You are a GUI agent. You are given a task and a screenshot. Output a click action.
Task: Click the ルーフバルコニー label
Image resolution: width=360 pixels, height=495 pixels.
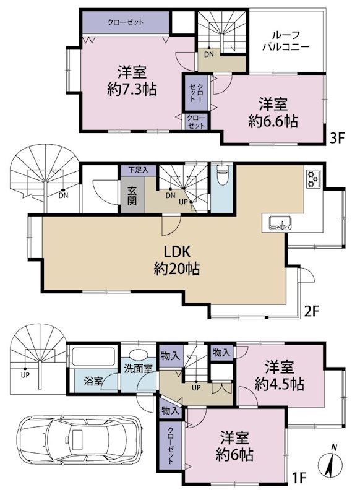[285, 40]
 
